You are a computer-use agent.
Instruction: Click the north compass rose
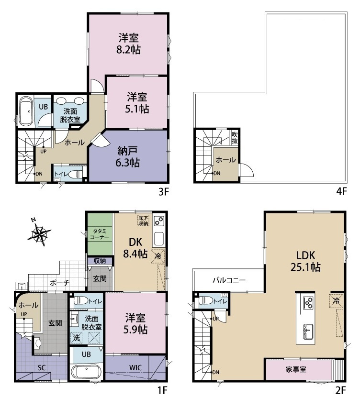tap(39, 232)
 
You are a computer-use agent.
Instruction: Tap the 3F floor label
tap(163, 192)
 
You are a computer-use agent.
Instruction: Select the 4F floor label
tap(341, 191)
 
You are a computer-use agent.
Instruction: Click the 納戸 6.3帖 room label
tap(127, 157)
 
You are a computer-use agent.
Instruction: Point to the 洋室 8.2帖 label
tap(129, 44)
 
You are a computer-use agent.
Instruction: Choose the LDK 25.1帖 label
tap(305, 261)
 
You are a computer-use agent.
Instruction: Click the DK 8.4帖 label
tap(135, 248)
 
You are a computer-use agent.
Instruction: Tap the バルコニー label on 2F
tap(229, 280)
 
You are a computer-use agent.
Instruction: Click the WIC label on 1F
tap(135, 367)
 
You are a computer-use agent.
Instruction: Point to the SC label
tap(42, 367)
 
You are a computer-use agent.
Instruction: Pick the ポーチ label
tap(59, 283)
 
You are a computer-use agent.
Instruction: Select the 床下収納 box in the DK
tap(143, 221)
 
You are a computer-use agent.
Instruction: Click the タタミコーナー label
tap(100, 234)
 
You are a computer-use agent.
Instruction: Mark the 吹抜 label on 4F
tap(235, 138)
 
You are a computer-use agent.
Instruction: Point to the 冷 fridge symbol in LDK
tap(337, 301)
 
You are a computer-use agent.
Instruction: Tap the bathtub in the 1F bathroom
tap(86, 372)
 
